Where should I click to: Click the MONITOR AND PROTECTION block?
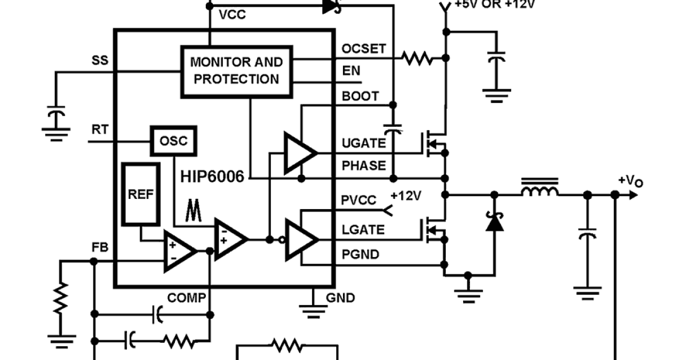236,70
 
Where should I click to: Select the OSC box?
173,141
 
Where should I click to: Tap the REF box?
141,194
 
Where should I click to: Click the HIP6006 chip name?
212,176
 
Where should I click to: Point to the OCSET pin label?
364,49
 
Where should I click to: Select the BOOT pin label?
360,96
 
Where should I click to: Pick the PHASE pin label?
363,166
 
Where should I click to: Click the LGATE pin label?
362,230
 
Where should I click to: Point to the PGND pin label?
360,254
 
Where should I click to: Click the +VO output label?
631,181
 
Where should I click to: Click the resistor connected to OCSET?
417,58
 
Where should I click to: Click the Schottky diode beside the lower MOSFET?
494,222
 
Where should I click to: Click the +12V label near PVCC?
406,196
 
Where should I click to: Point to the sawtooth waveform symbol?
193,211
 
